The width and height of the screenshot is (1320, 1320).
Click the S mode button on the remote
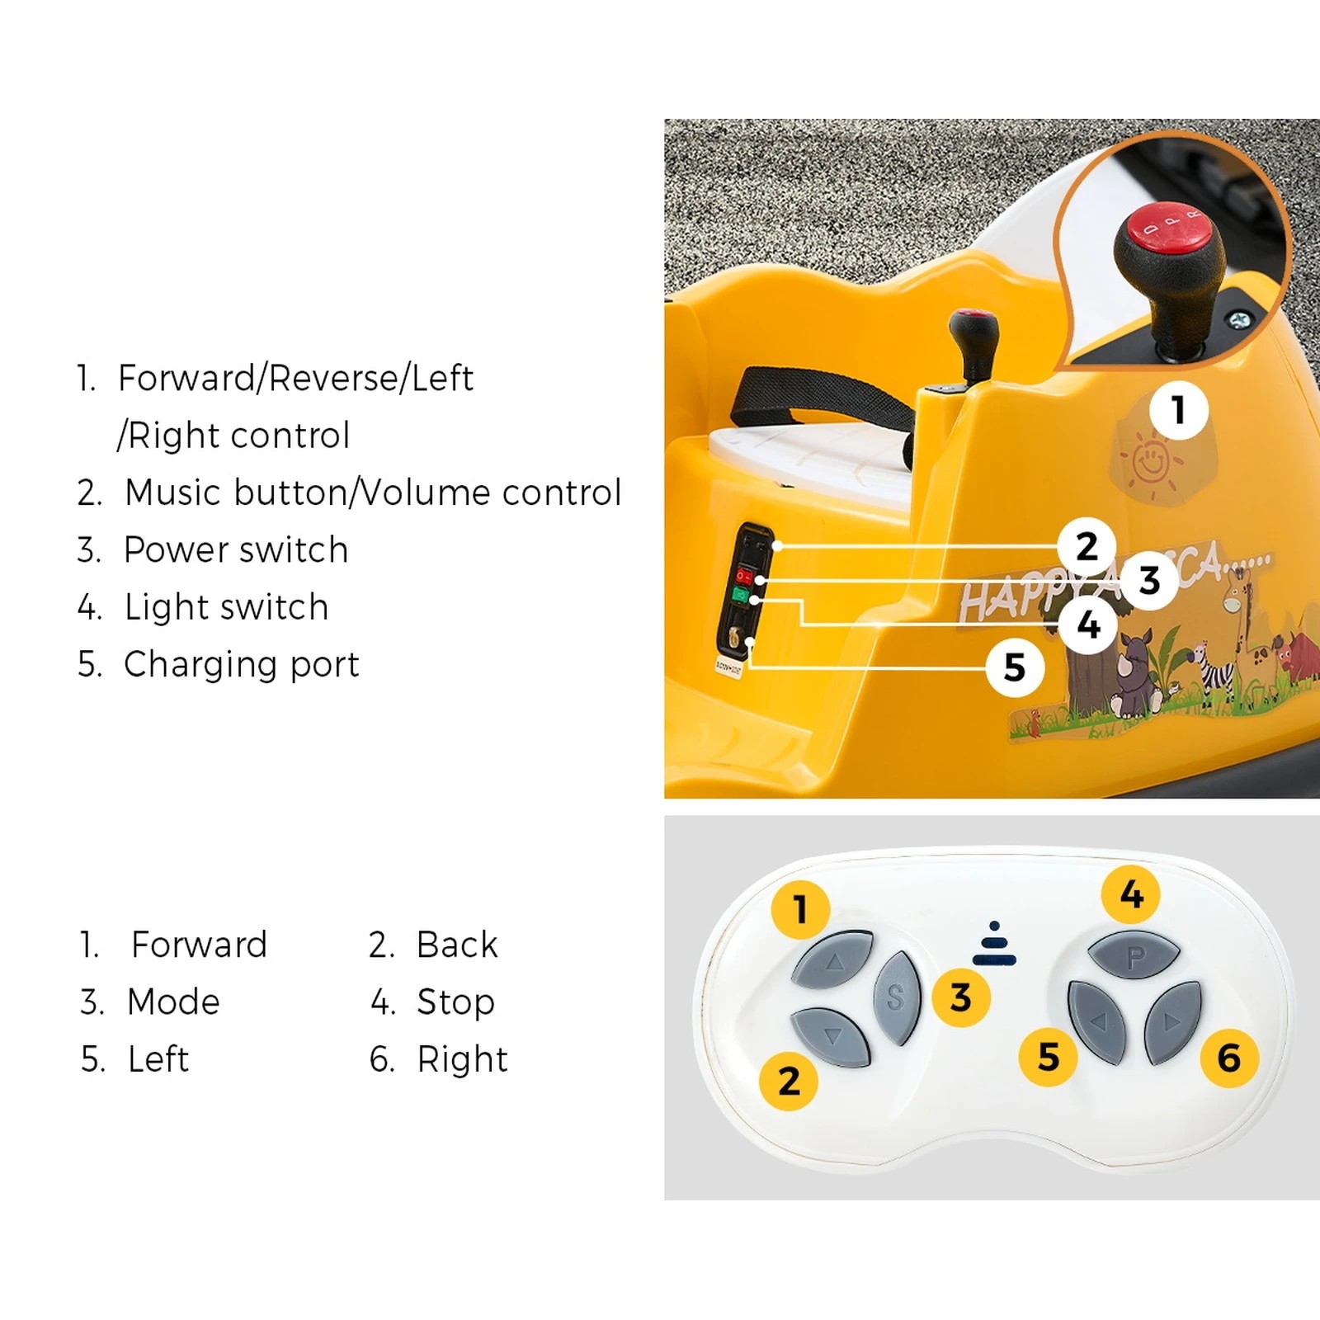[x=896, y=997]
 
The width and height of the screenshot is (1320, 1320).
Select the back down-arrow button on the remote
[x=832, y=1036]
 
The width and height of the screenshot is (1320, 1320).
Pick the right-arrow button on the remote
[x=1172, y=1022]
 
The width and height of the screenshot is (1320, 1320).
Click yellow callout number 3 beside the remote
[x=960, y=997]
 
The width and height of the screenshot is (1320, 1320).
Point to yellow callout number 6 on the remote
[x=1228, y=1058]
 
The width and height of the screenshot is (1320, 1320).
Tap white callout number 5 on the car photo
[x=1015, y=667]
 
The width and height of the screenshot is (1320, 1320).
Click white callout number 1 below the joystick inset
[x=1178, y=410]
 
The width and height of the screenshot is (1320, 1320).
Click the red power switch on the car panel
[x=745, y=575]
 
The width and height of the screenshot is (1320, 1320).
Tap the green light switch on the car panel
[x=741, y=595]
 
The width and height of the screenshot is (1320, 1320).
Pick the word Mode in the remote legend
[x=173, y=1002]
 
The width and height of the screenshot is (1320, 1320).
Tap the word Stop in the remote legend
[x=455, y=1002]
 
